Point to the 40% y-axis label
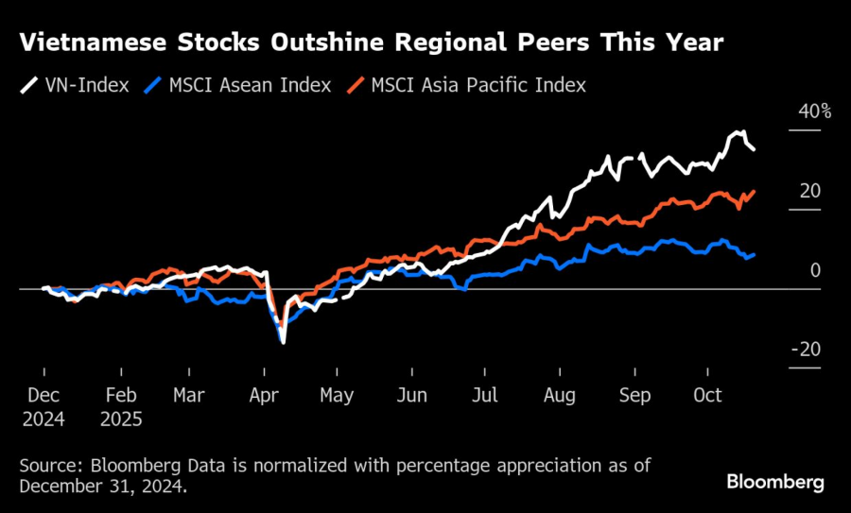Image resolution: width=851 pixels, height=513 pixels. (815, 111)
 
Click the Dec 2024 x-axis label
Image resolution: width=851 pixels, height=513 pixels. (43, 407)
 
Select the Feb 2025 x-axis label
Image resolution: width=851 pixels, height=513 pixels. (120, 407)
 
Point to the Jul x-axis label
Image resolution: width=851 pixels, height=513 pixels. (485, 396)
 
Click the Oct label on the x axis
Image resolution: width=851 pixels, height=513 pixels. (707, 396)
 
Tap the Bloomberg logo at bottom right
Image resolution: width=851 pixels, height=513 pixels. (775, 482)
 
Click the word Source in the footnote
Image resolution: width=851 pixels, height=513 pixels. (48, 467)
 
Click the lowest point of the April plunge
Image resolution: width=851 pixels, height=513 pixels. (283, 341)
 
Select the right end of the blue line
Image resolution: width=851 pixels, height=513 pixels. (754, 254)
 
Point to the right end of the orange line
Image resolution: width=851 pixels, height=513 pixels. (754, 192)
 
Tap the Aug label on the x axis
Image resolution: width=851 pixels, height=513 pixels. (560, 396)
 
